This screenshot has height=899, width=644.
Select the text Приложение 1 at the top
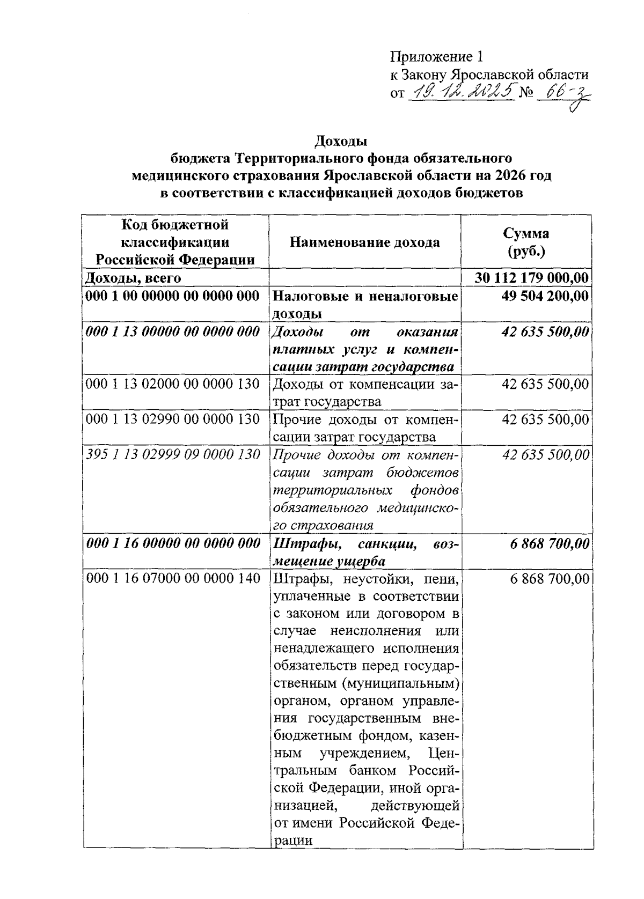(437, 57)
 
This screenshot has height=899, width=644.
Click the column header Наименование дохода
(364, 242)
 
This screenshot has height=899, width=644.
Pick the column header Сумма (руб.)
(525, 242)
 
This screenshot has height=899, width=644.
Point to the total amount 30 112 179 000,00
(531, 278)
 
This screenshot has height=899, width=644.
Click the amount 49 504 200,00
(544, 296)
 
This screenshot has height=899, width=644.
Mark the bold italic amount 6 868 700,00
(549, 544)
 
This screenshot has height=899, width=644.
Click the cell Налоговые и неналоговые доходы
(365, 304)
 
